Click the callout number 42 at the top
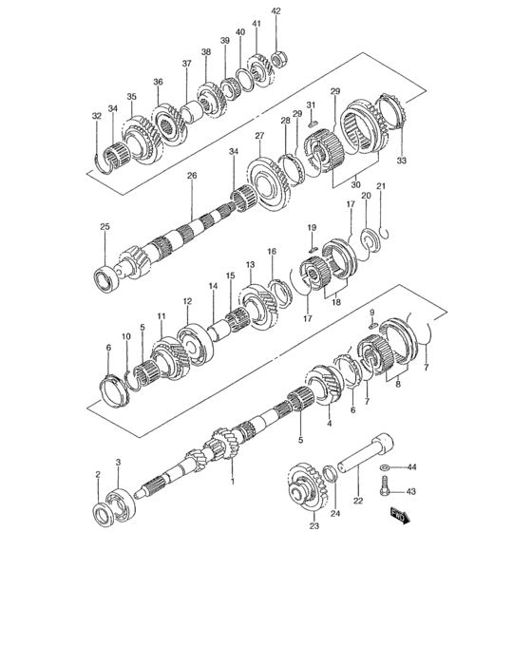pos(276,10)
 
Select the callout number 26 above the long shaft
pos(191,176)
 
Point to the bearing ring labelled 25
pos(106,278)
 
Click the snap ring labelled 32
pos(100,161)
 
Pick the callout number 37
pos(187,64)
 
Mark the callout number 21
pos(381,186)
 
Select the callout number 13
pos(251,265)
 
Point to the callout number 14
pos(213,285)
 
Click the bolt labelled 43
pos(384,488)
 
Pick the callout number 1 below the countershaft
pos(232,482)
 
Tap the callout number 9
pos(372,313)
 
